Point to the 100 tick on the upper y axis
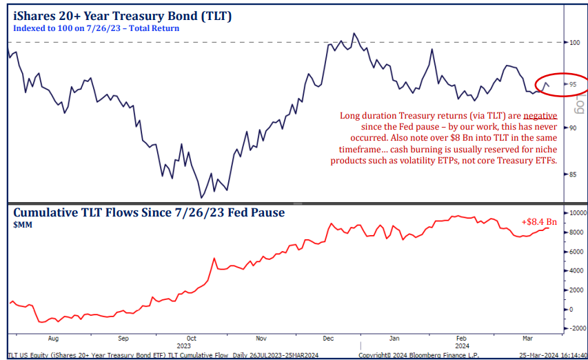[x=574, y=42]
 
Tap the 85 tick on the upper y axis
[x=572, y=174]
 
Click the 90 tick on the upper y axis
[x=572, y=128]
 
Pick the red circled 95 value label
[x=573, y=84]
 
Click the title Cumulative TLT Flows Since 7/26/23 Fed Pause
[x=149, y=212]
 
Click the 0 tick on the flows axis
[x=570, y=310]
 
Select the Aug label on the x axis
[x=53, y=339]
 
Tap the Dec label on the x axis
[x=328, y=339]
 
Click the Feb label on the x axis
[x=460, y=339]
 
